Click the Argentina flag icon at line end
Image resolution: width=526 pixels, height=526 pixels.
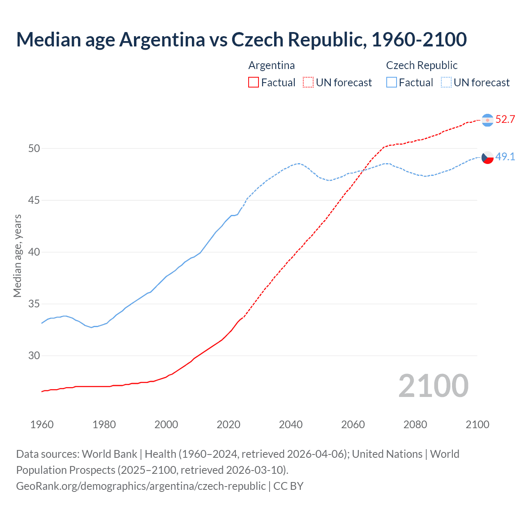tap(487, 120)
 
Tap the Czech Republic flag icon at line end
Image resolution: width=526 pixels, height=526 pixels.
tap(487, 157)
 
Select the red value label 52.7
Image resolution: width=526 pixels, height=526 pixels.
tap(505, 120)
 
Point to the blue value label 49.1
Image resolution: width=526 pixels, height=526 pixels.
tap(505, 157)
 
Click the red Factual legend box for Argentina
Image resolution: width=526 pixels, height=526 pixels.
tap(254, 83)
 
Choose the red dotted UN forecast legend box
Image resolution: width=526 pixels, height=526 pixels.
tap(308, 83)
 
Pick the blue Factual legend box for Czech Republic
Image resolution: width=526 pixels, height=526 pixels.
tap(392, 83)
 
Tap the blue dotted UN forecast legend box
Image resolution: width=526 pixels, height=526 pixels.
tap(446, 83)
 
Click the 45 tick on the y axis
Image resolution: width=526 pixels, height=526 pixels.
tap(34, 201)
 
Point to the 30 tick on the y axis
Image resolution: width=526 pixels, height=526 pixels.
tap(34, 356)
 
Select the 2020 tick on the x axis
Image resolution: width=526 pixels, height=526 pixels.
tap(228, 424)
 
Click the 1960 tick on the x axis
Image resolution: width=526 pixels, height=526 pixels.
tap(42, 424)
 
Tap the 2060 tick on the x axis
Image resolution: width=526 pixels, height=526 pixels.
tap(353, 424)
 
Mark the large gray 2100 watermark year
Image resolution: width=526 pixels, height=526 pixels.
tap(434, 386)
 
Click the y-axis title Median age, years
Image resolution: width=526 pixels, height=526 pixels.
tap(17, 256)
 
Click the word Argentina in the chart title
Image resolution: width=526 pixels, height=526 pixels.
tap(162, 40)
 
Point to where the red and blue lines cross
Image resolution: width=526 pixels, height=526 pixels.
tap(362, 170)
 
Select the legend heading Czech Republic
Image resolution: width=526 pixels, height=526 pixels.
tap(422, 65)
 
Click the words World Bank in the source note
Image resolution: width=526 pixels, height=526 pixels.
tap(109, 454)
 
